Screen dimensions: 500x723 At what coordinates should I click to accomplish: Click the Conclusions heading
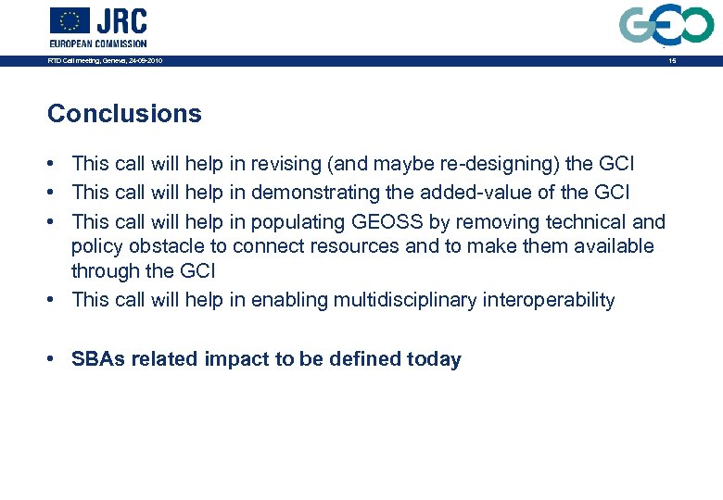[x=124, y=114]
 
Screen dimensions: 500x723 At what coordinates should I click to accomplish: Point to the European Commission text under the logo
[x=98, y=44]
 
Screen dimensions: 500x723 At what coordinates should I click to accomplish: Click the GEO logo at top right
[x=667, y=25]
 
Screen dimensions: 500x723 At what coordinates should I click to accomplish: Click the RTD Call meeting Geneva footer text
[x=105, y=61]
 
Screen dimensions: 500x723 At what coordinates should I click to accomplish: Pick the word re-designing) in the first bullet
[x=475, y=164]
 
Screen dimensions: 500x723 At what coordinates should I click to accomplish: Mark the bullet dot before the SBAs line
[x=57, y=359]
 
